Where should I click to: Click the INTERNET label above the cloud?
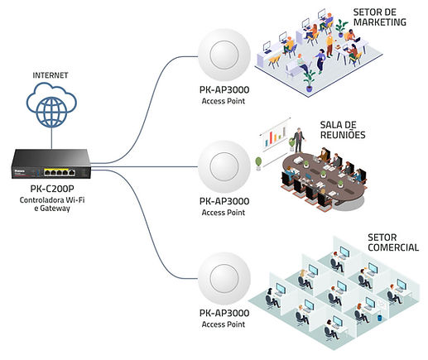tap(50, 75)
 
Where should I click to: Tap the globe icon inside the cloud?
tap(51, 111)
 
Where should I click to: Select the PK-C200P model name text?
tap(52, 189)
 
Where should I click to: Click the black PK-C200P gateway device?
tap(51, 164)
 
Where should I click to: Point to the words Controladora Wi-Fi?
tap(52, 200)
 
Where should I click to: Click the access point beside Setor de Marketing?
tap(224, 55)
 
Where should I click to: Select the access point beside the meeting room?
tap(224, 166)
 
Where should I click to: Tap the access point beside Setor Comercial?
tap(224, 278)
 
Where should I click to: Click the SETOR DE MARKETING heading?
tap(380, 17)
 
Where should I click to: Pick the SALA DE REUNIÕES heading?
tap(343, 130)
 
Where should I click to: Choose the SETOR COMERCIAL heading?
tap(393, 242)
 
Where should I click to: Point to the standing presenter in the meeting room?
tap(299, 140)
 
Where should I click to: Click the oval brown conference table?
tap(324, 178)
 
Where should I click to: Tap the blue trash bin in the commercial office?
tap(379, 318)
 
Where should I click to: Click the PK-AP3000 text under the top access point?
tap(224, 90)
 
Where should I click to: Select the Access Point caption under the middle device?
tap(224, 213)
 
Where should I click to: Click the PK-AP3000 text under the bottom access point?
tap(224, 313)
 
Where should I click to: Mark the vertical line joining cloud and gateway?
tap(51, 138)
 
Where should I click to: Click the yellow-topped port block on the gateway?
tap(60, 172)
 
